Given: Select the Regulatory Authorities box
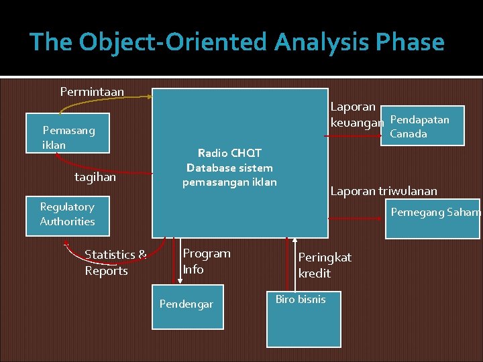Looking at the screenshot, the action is [x=67, y=215].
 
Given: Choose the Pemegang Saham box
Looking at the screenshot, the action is [x=433, y=218].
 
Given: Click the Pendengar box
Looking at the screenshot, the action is [x=187, y=305].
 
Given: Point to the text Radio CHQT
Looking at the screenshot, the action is [x=230, y=153].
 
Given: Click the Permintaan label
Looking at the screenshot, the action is [x=92, y=91].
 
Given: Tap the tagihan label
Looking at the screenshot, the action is [x=95, y=177].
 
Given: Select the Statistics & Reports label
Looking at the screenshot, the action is [x=115, y=262].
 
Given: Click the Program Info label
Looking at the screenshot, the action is [x=207, y=261].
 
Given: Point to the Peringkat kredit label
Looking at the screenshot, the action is [x=325, y=265].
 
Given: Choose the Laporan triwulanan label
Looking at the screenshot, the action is [x=384, y=191].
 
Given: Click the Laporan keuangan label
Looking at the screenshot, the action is [x=357, y=115].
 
